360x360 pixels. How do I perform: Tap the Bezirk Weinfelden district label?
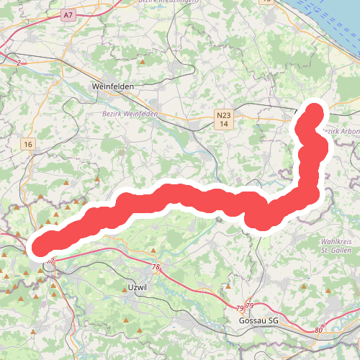click(123, 114)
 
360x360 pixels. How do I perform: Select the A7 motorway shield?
click(68, 14)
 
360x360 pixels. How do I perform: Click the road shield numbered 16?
click(28, 145)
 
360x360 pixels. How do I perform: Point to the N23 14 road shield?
click(225, 120)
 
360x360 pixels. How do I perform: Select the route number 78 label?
click(156, 267)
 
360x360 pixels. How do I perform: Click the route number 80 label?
click(319, 330)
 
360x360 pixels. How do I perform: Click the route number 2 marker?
click(17, 63)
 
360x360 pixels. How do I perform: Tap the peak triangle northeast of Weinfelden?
click(143, 62)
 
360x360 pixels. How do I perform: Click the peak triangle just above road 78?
click(153, 251)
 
